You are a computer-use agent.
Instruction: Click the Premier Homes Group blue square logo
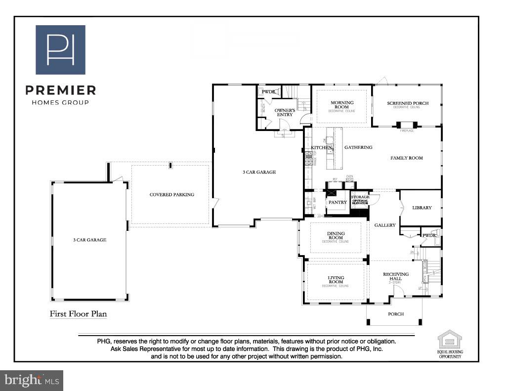[x=60, y=49]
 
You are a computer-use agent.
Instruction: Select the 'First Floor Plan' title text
[x=78, y=314]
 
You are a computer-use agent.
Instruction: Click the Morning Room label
[x=341, y=105]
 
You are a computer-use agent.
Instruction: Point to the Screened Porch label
[x=408, y=103]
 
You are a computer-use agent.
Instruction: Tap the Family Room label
[x=407, y=158]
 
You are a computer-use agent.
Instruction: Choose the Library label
[x=422, y=208]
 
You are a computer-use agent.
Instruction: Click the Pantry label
[x=338, y=202]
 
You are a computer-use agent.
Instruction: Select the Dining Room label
[x=336, y=236]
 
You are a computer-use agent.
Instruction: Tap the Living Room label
[x=336, y=280]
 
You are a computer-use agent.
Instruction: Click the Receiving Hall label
[x=396, y=276]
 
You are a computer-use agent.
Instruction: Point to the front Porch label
[x=396, y=314]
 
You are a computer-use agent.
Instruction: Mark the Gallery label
[x=385, y=225]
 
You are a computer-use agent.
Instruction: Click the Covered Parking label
[x=172, y=195]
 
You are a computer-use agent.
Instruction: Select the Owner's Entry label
[x=285, y=112]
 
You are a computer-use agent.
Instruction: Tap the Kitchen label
[x=321, y=148]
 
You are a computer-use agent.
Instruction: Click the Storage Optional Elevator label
[x=360, y=200]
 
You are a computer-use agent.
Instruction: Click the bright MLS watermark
[x=32, y=380]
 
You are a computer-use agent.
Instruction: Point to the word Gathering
[x=358, y=147]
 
